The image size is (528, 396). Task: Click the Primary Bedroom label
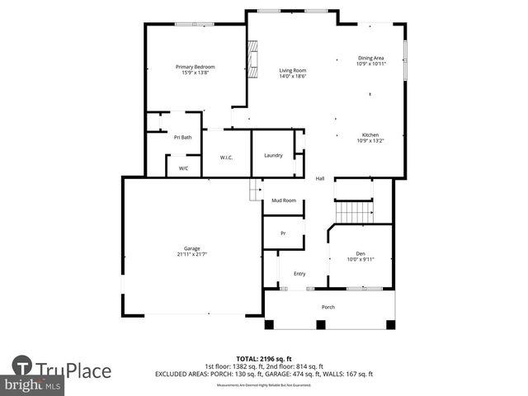195,66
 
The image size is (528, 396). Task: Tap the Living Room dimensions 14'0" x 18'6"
292,76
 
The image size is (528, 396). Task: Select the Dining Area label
370,58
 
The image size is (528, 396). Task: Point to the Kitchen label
370,134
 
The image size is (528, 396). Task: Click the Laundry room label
273,155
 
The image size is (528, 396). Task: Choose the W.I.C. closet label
226,157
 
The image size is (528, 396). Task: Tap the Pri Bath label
182,137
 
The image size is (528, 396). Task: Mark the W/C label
183,167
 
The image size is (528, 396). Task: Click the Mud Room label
284,200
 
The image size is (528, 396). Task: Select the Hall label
319,178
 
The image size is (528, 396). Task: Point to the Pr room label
283,233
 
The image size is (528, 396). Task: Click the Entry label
299,274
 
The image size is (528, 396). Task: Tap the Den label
360,253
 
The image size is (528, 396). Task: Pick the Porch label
328,307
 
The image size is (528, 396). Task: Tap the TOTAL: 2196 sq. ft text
264,359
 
